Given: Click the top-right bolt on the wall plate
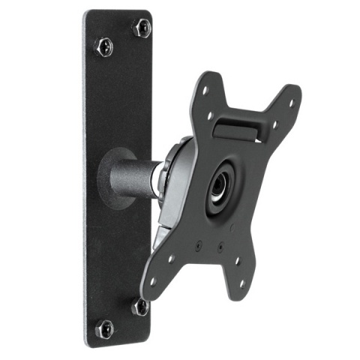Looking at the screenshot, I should [140, 29].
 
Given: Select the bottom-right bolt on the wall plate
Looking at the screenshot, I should [139, 306].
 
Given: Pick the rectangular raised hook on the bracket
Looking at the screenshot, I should [238, 124].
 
